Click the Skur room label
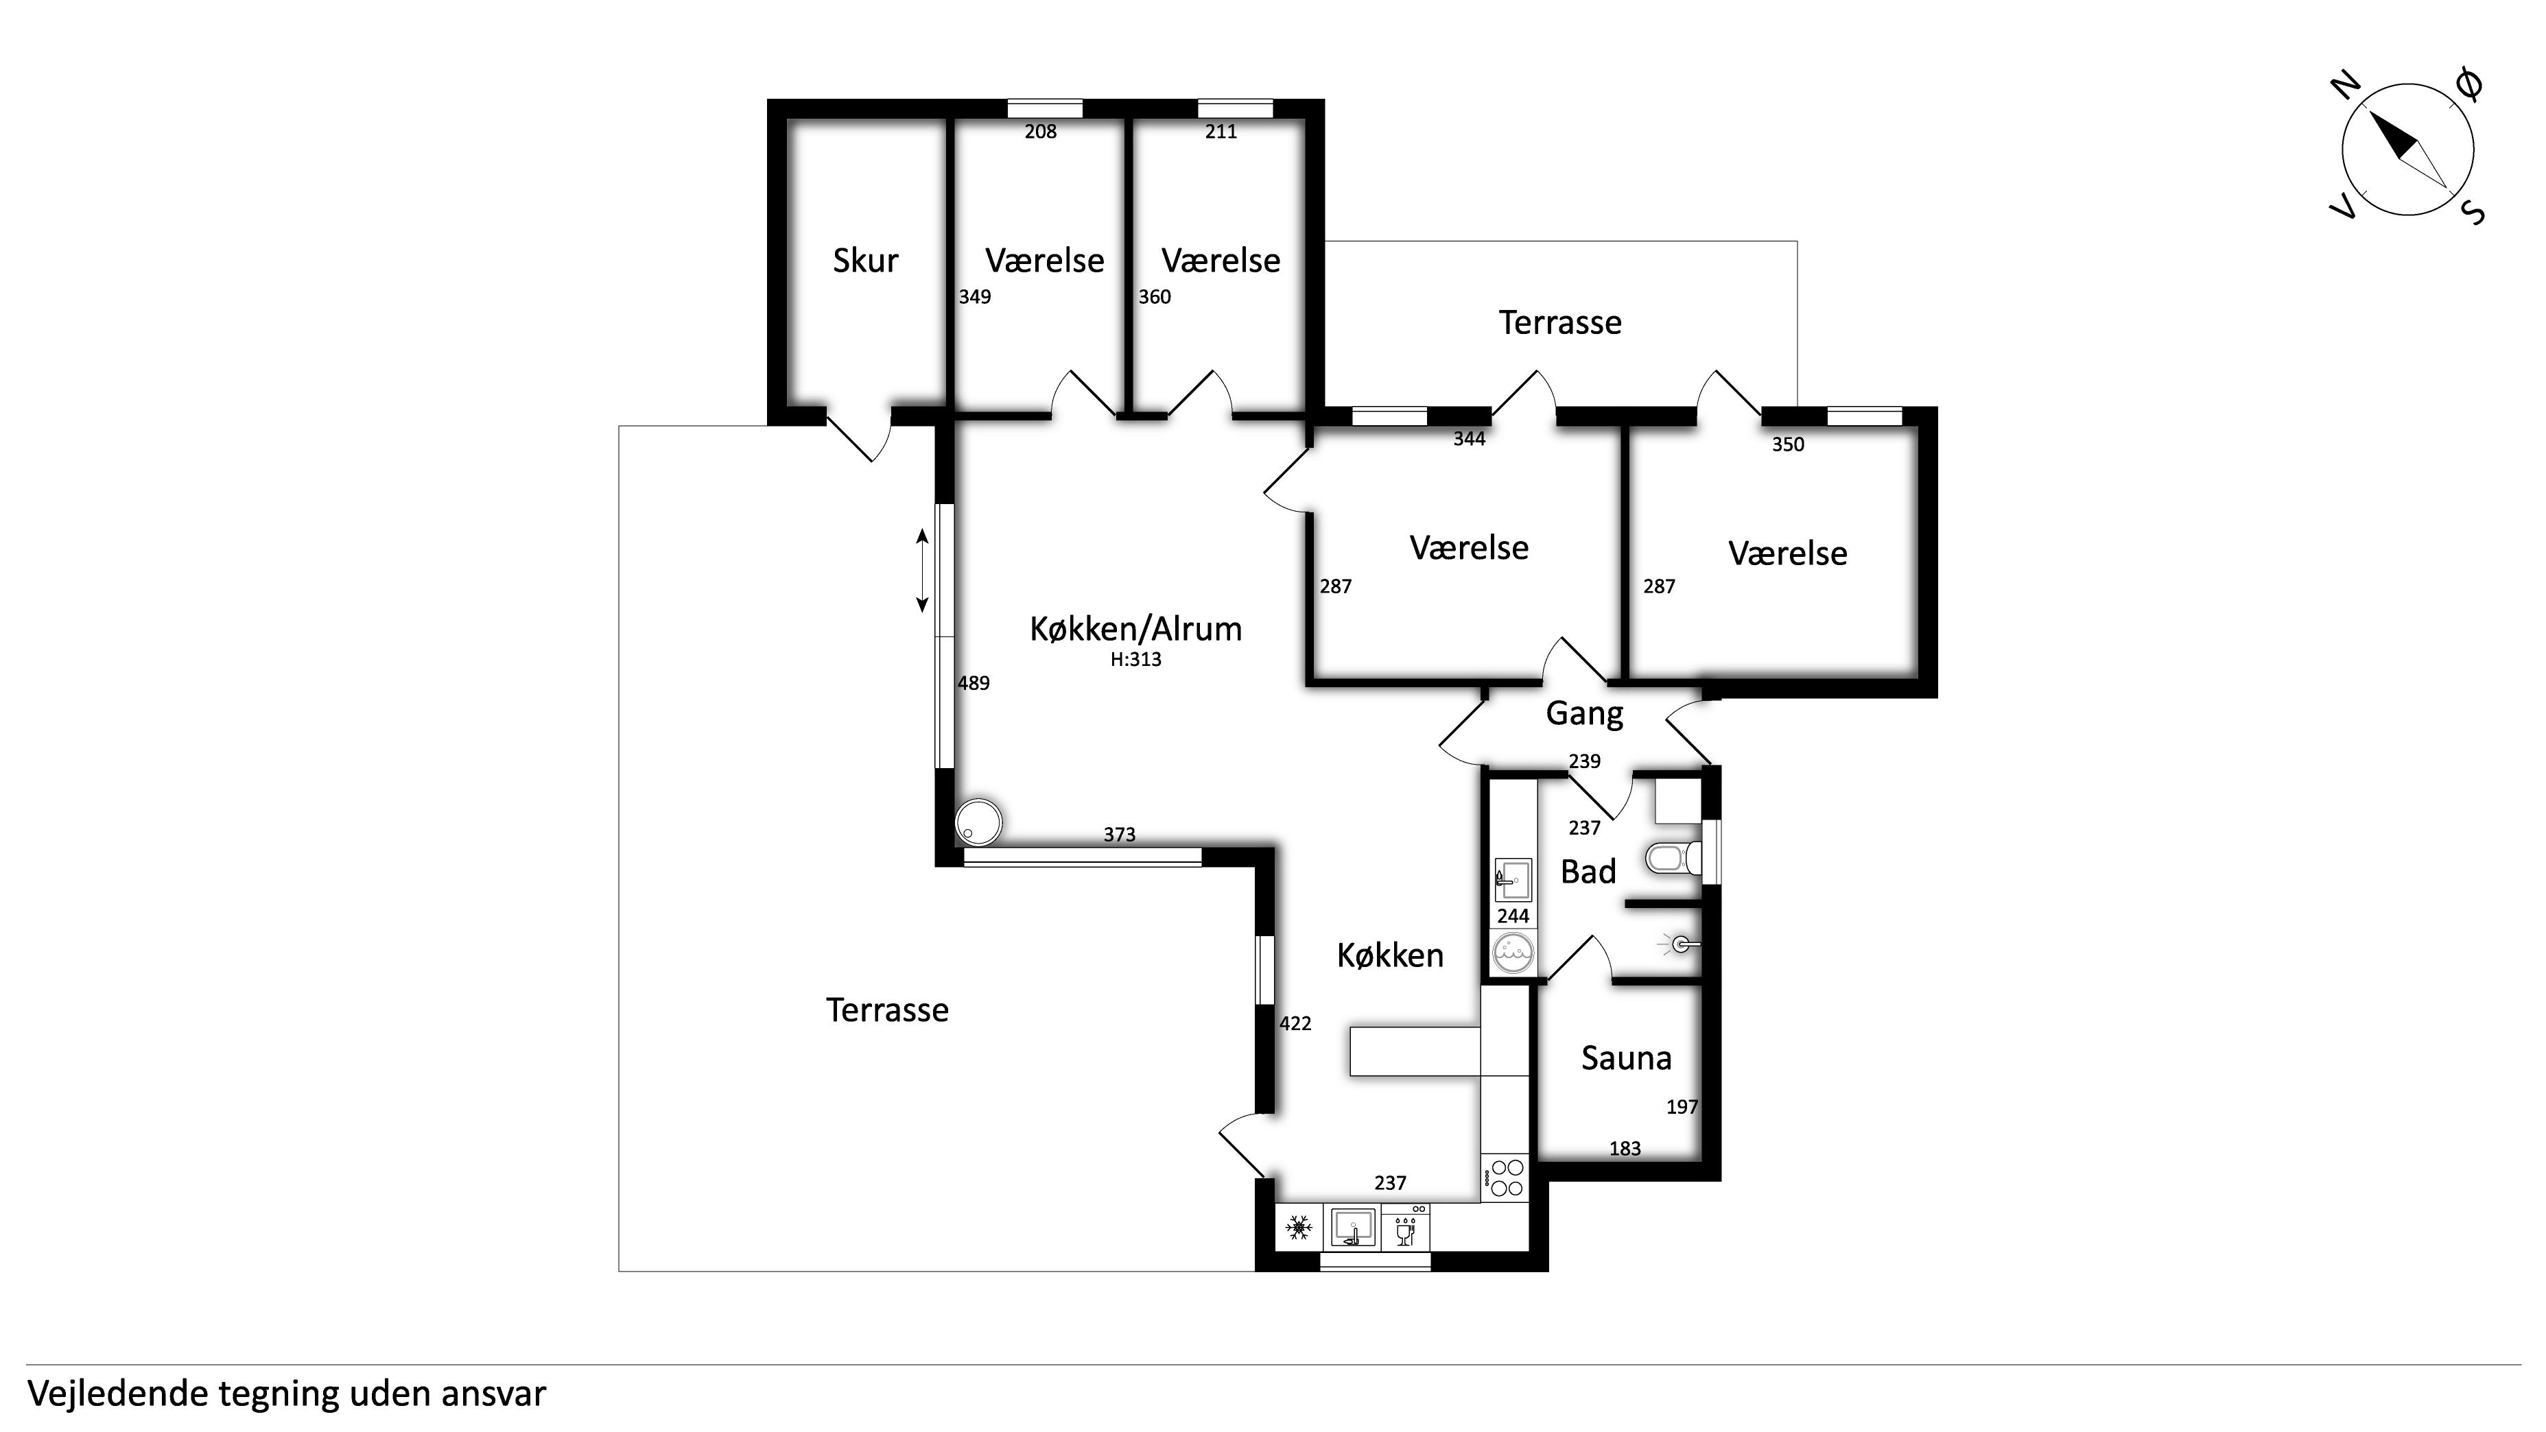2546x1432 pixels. (x=865, y=261)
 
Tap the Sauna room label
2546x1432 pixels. (x=1626, y=1058)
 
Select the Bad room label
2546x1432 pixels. (x=1588, y=872)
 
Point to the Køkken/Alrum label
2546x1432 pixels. (x=1135, y=630)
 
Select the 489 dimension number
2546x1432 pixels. (x=974, y=683)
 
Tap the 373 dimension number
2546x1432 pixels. (x=1120, y=835)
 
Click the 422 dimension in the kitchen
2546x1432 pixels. (x=1296, y=1024)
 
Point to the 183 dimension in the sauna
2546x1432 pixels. (x=1625, y=1148)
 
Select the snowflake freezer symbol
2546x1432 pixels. (x=1298, y=1228)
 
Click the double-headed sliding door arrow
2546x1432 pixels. (x=922, y=570)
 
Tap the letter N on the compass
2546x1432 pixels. (x=2346, y=87)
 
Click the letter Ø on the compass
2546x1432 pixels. (x=2468, y=86)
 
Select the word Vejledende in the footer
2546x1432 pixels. (x=117, y=1394)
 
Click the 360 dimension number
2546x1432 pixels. (x=1155, y=298)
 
